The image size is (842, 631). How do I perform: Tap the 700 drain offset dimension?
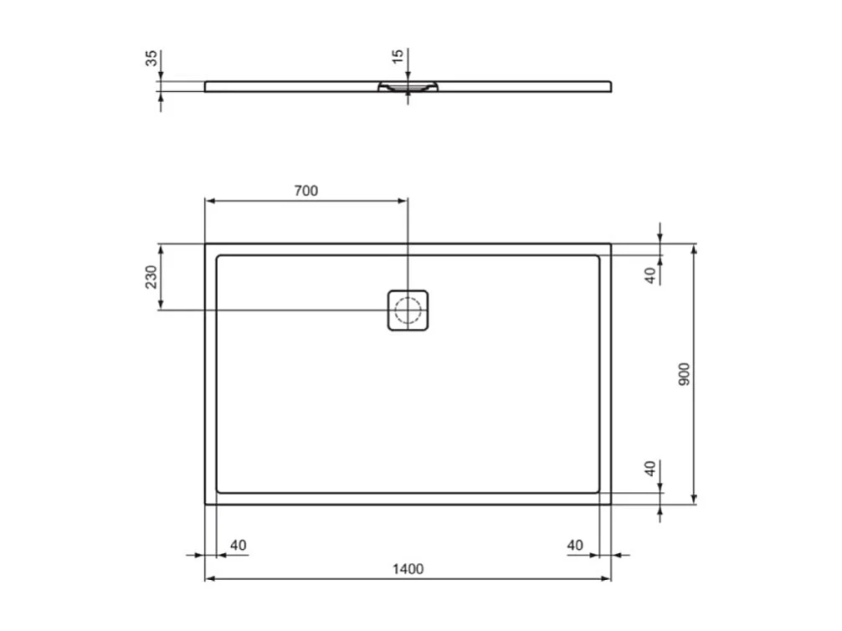point(306,191)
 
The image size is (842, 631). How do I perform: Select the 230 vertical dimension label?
point(151,277)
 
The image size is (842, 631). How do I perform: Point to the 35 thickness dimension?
point(151,59)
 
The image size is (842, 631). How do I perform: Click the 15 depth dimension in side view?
point(398,57)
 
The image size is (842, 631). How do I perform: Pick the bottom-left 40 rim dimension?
point(239,546)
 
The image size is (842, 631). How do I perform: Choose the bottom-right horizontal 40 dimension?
point(575,546)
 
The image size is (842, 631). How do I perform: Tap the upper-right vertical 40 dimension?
point(651,275)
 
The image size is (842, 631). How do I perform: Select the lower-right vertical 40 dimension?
point(651,469)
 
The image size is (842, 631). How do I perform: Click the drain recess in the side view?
point(408,86)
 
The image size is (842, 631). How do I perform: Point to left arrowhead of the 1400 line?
point(209,578)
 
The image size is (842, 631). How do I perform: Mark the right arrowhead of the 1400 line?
point(608,578)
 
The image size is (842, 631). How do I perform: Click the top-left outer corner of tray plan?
point(206,244)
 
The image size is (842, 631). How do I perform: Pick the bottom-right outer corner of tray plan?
point(611,504)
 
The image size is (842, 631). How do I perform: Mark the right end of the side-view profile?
point(611,85)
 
